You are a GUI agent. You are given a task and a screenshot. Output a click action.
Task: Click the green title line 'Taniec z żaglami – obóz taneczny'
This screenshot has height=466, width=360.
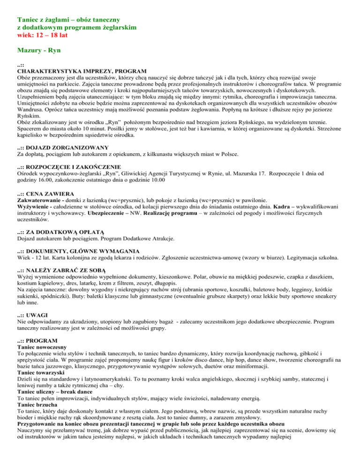pyautogui.click(x=69, y=20)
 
